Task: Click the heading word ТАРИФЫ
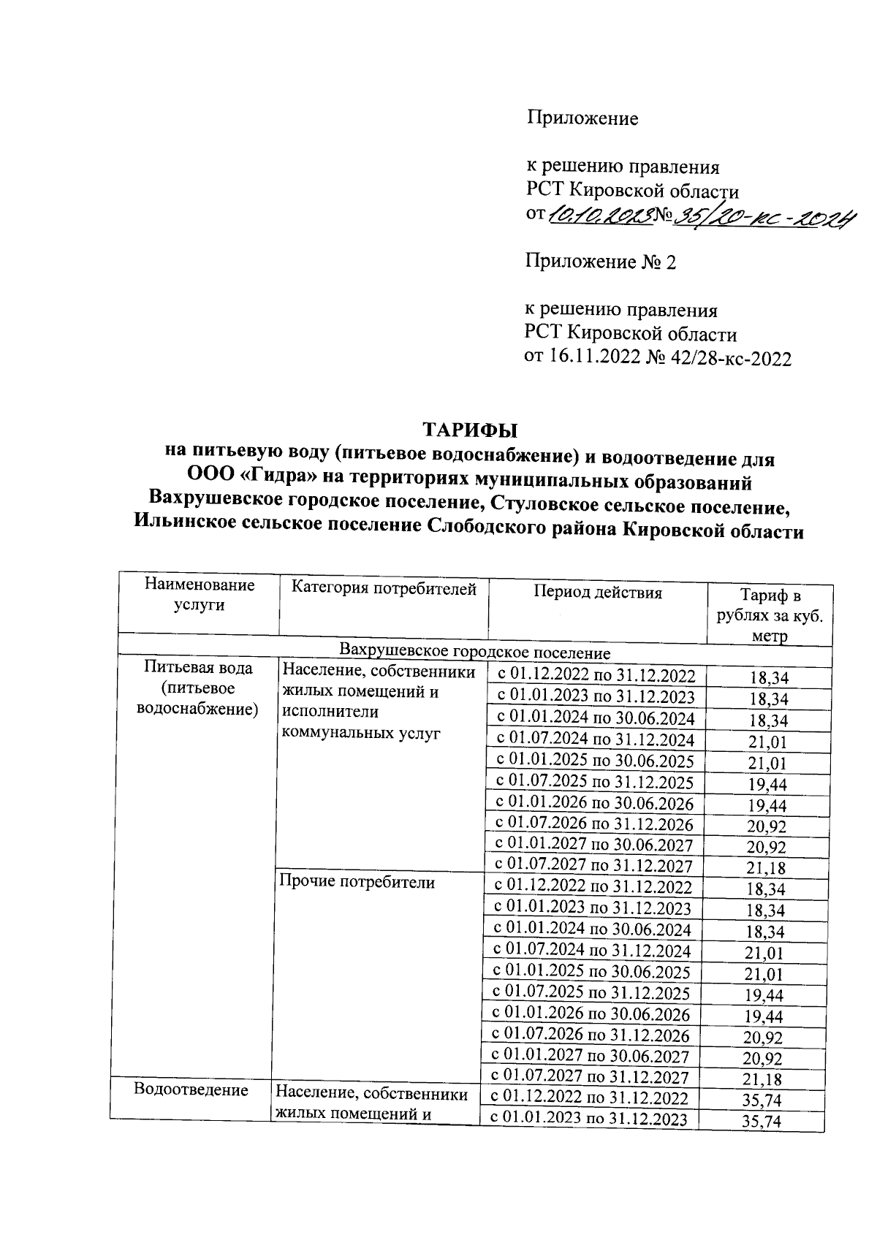point(471,429)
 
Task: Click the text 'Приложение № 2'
point(600,262)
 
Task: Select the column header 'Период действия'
point(597,593)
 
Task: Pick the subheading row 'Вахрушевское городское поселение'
point(474,652)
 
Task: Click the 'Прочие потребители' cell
point(357,882)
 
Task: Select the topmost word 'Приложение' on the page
point(582,118)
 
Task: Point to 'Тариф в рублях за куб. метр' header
point(770,615)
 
